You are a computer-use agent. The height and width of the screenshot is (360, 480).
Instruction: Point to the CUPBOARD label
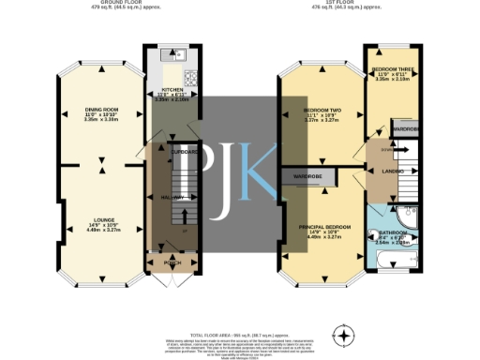[x=185, y=151]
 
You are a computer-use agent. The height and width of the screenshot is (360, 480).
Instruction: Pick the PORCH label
[x=172, y=263]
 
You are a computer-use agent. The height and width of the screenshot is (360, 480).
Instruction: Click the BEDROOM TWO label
[x=322, y=111]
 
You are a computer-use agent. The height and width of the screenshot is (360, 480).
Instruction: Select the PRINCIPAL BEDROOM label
[x=322, y=227]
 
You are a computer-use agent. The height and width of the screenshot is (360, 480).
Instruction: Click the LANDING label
[x=393, y=172]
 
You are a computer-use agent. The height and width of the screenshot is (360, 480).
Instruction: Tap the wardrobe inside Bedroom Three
[x=404, y=128]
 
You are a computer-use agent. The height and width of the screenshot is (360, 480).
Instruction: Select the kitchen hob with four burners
[x=191, y=79]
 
